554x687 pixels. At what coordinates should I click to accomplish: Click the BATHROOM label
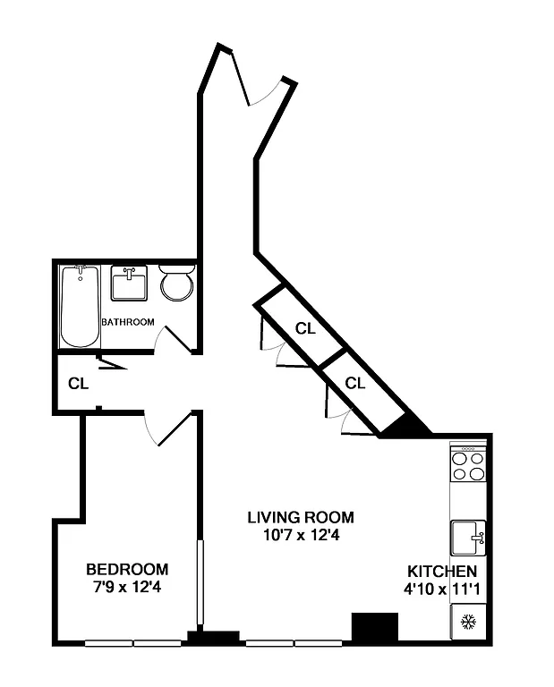point(128,322)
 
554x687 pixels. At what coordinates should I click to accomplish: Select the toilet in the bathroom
point(176,284)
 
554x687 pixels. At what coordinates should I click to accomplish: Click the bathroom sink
point(130,284)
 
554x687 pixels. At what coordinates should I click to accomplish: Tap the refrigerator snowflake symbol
point(467,623)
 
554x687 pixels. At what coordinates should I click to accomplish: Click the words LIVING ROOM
point(301,517)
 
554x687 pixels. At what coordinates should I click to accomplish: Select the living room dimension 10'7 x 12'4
point(301,535)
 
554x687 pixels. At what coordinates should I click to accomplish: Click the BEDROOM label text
point(127,569)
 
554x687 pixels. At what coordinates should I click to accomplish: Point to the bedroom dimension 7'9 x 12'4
point(127,588)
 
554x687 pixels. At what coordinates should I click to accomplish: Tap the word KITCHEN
point(442,572)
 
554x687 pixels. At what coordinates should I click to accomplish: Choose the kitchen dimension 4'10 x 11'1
point(442,589)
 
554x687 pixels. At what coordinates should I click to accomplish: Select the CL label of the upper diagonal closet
point(305,328)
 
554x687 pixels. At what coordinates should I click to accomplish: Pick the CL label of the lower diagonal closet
point(355,384)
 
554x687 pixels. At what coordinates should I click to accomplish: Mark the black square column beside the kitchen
point(374,627)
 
